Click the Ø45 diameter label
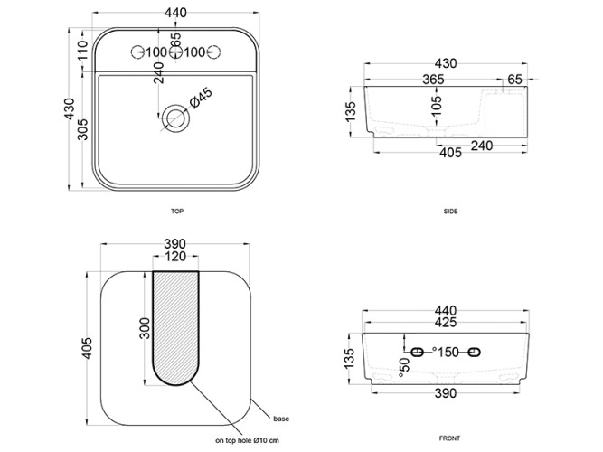point(201,99)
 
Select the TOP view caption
point(177,212)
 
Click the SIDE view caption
point(450,212)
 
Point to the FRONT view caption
point(449,438)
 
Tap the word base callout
point(281,419)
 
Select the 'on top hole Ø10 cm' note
point(248,440)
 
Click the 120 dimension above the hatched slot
point(175,256)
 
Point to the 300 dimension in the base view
point(145,328)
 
